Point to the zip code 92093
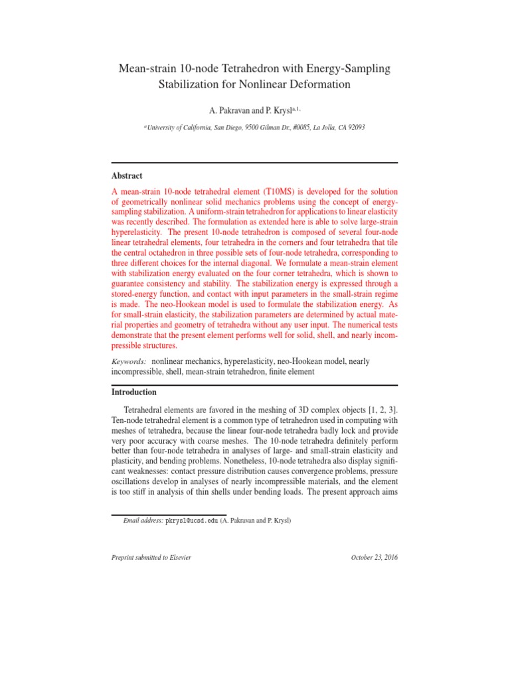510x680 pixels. point(353,127)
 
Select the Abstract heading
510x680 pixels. point(127,176)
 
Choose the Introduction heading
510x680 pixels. point(134,392)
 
